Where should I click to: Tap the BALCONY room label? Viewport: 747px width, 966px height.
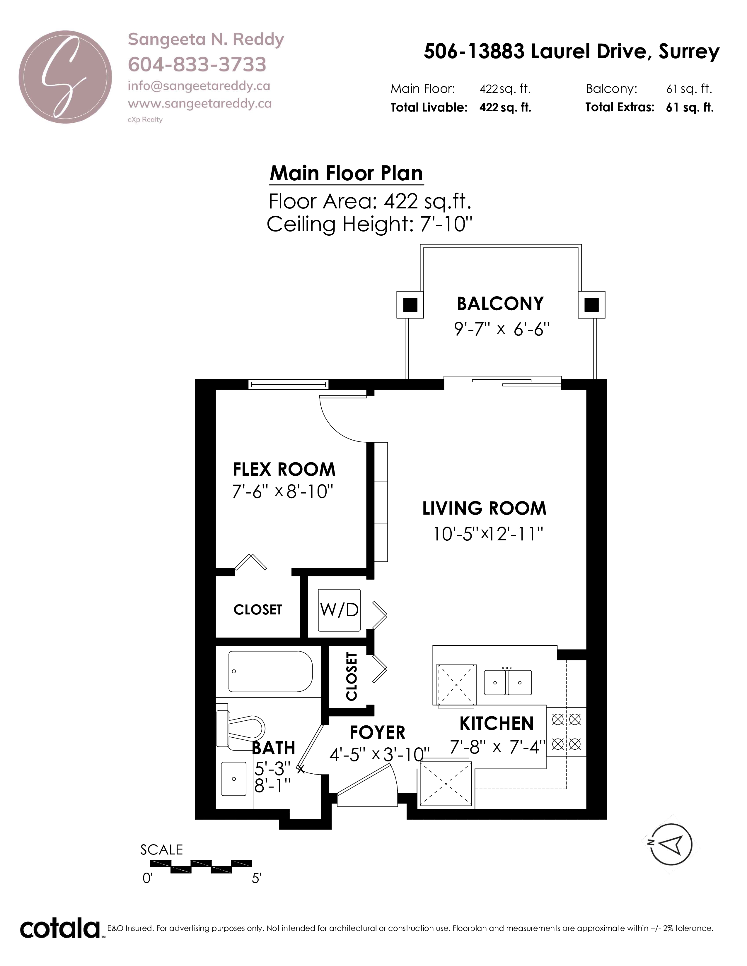coord(500,304)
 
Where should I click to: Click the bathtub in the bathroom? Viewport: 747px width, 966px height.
coord(270,672)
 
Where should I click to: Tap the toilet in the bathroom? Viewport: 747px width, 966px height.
coord(240,728)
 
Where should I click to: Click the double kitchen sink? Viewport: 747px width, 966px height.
coord(508,682)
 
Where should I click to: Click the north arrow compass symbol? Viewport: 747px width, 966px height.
coord(671,844)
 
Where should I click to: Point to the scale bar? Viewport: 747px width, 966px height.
coord(201,866)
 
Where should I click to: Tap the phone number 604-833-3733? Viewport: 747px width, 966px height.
coord(197,65)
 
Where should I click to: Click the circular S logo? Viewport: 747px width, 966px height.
coord(65,77)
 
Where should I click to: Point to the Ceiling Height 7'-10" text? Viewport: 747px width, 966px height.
coord(369,224)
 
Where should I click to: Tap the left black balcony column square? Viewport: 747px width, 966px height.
coord(410,305)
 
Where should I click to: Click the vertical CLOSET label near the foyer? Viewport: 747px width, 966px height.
coord(351,677)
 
